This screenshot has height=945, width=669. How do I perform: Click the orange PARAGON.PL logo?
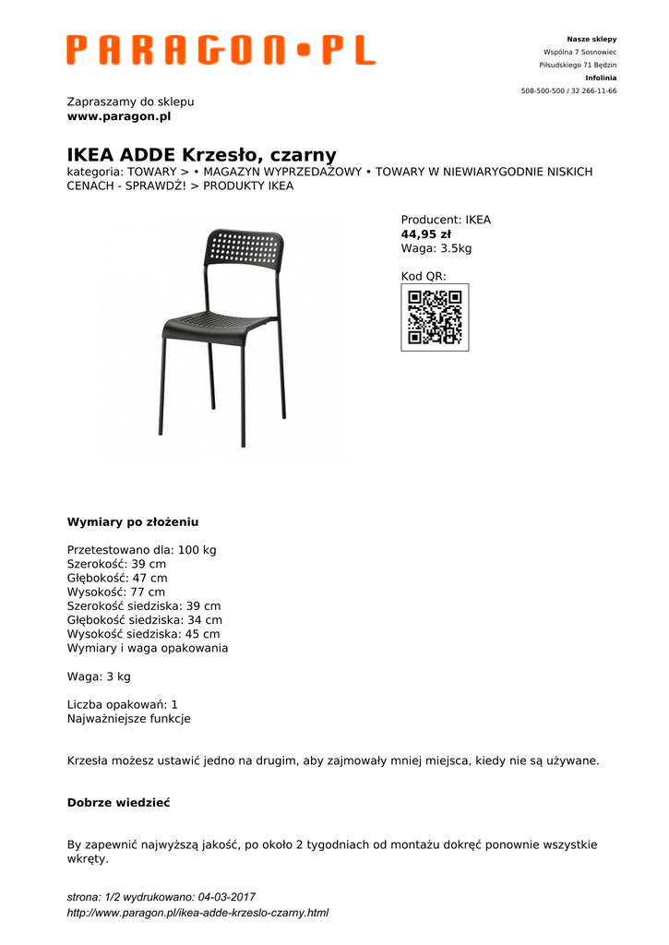click(221, 50)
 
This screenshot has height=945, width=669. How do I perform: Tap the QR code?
click(435, 317)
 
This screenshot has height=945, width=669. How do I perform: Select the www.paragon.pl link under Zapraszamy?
click(119, 116)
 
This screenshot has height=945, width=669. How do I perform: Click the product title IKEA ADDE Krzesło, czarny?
click(201, 154)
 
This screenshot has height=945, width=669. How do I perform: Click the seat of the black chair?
click(218, 325)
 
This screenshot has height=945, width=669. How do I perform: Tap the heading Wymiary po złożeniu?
click(133, 521)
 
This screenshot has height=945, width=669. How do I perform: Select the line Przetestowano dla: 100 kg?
click(141, 550)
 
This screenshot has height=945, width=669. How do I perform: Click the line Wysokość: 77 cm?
click(116, 592)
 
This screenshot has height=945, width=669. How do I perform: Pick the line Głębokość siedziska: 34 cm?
click(145, 620)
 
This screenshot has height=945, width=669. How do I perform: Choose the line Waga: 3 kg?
click(99, 676)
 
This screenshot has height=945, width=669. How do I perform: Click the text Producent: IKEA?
click(446, 220)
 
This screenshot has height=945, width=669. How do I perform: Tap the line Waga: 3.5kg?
click(436, 248)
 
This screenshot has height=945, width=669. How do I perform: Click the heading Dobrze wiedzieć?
click(118, 803)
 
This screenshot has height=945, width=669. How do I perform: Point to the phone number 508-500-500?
click(544, 91)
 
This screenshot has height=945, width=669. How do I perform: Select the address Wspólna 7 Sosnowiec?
click(579, 53)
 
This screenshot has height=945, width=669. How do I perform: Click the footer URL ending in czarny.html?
click(197, 913)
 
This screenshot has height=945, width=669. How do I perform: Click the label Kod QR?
click(424, 276)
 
